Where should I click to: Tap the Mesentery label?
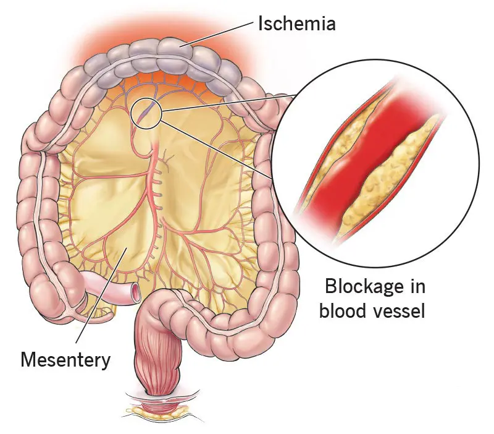point(65,360)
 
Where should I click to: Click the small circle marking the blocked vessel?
point(147,114)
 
